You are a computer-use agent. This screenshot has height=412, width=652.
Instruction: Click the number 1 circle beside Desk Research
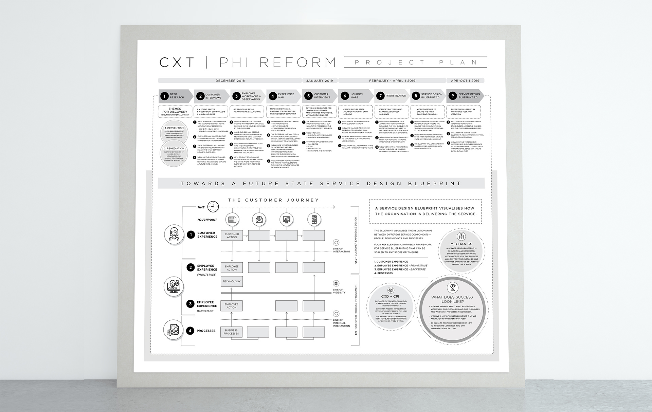coord(164,96)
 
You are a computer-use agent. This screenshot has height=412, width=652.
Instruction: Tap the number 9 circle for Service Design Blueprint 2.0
coord(452,96)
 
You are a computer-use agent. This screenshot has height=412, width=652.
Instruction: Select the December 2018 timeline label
coord(230,81)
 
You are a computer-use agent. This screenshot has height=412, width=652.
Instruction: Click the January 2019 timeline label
coord(320,81)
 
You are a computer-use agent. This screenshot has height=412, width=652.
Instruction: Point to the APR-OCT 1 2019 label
coord(465,81)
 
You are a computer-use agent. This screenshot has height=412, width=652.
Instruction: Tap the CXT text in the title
coord(177,62)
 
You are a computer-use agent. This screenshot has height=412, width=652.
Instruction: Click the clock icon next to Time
coord(213,206)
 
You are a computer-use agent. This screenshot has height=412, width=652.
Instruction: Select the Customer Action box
coord(232,236)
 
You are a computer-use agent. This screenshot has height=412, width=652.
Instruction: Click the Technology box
coord(232,281)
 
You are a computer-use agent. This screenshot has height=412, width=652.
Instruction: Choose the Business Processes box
coord(231,332)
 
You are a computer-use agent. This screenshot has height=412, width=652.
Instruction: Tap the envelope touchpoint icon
coord(259,220)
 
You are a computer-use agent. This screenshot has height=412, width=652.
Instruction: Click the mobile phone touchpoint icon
coord(314,220)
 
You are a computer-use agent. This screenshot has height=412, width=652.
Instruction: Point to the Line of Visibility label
coord(339,291)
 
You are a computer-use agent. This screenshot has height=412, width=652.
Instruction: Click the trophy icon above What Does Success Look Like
coord(452,287)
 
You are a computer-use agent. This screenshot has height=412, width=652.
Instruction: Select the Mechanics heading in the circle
coord(461,244)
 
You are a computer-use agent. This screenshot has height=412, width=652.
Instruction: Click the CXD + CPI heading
coord(390,297)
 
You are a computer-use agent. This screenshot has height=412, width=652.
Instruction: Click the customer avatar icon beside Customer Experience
coord(174,235)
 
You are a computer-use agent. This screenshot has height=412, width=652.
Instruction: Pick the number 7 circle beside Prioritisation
coord(380,96)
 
